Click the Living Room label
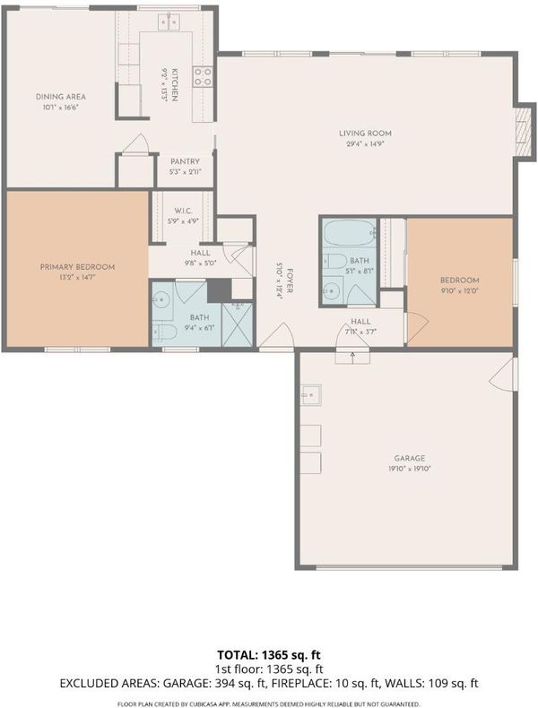click(365, 134)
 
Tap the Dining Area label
click(61, 97)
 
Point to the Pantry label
click(185, 161)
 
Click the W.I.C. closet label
click(183, 211)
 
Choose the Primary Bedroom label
click(77, 267)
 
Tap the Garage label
click(409, 458)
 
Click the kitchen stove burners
click(203, 76)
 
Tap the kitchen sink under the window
click(169, 22)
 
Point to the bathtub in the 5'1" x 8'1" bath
click(350, 233)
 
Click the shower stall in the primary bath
click(238, 324)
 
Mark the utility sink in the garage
click(311, 395)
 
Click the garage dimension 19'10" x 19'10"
click(409, 469)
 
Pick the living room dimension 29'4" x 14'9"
click(365, 144)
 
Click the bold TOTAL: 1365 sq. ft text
click(269, 655)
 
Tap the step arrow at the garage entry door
click(352, 357)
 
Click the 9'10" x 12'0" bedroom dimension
click(459, 291)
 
